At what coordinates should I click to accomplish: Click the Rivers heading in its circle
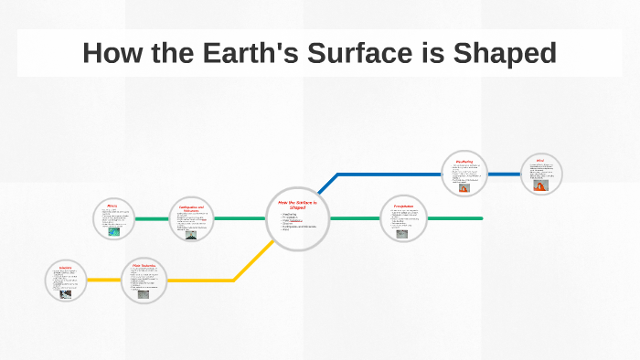point(112,206)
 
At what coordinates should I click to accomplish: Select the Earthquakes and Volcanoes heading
point(191,207)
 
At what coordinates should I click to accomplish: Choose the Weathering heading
point(464,162)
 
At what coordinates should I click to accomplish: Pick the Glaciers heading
point(64,268)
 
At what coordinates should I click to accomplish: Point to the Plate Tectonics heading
point(143,265)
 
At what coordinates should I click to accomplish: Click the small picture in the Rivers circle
point(113,231)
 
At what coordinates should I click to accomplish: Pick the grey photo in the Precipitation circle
point(402,233)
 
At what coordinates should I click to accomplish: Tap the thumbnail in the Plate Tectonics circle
point(144,294)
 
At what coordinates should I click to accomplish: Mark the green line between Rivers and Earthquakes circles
point(152,219)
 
